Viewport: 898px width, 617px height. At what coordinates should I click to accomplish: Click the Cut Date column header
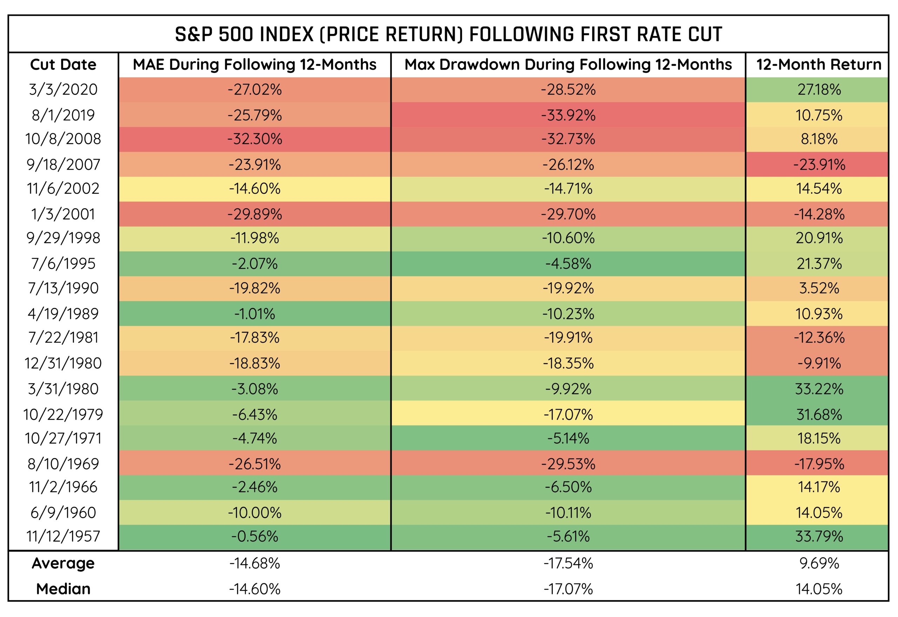click(x=63, y=65)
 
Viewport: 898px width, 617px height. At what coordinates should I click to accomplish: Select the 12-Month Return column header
click(x=818, y=65)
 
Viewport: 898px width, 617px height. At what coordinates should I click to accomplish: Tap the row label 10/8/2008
click(x=63, y=139)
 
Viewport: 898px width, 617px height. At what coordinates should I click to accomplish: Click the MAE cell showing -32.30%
click(x=254, y=139)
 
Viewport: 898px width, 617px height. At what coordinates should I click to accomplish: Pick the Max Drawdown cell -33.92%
click(x=568, y=115)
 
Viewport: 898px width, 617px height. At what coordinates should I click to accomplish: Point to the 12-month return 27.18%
click(x=819, y=90)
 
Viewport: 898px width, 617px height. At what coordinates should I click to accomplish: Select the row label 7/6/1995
click(x=63, y=264)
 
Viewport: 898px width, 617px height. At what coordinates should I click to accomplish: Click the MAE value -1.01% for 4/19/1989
click(x=254, y=314)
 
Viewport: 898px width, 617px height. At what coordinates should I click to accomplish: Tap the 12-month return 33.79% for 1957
click(x=819, y=536)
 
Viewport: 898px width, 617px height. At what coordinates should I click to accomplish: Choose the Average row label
click(x=63, y=563)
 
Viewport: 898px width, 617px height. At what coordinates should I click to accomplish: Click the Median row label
click(x=63, y=589)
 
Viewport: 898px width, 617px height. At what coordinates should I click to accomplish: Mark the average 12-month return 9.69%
click(x=819, y=563)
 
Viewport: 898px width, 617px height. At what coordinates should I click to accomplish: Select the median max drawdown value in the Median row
click(x=568, y=589)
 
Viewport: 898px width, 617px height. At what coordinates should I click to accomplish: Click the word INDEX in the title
click(x=287, y=34)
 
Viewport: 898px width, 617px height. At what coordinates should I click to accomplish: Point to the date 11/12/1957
click(x=63, y=536)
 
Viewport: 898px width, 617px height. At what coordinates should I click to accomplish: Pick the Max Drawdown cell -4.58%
click(x=568, y=264)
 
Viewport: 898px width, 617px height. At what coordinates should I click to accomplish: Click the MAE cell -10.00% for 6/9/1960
click(x=254, y=512)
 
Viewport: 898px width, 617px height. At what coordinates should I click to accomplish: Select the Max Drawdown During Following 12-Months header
click(x=568, y=65)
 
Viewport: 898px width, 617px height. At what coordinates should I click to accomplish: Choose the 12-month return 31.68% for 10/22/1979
click(x=819, y=414)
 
